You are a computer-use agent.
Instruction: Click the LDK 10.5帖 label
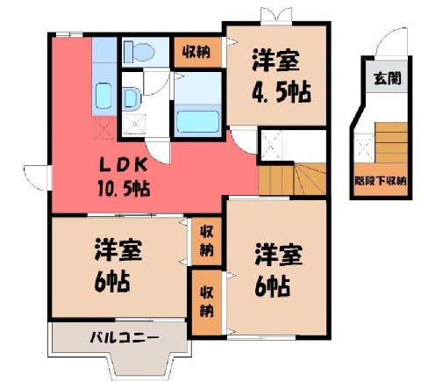pos(124,178)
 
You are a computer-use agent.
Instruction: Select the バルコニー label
pos(125,337)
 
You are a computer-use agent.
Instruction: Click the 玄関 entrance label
pos(388,78)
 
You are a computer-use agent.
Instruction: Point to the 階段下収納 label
pos(381,181)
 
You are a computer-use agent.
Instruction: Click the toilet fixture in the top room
pos(139,52)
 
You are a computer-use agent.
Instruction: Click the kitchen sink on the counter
pos(103,95)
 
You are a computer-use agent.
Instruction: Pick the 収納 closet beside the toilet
pos(196,52)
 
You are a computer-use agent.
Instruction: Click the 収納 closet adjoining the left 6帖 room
pos(206,241)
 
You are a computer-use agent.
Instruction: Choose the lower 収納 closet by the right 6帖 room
pos(206,302)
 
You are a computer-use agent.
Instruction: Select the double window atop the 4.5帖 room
pos(276,16)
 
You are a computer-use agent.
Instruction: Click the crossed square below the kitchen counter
pos(104,128)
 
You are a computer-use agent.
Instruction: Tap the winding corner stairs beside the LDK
pos(310,178)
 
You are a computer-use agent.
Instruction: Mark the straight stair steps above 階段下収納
pos(391,142)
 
